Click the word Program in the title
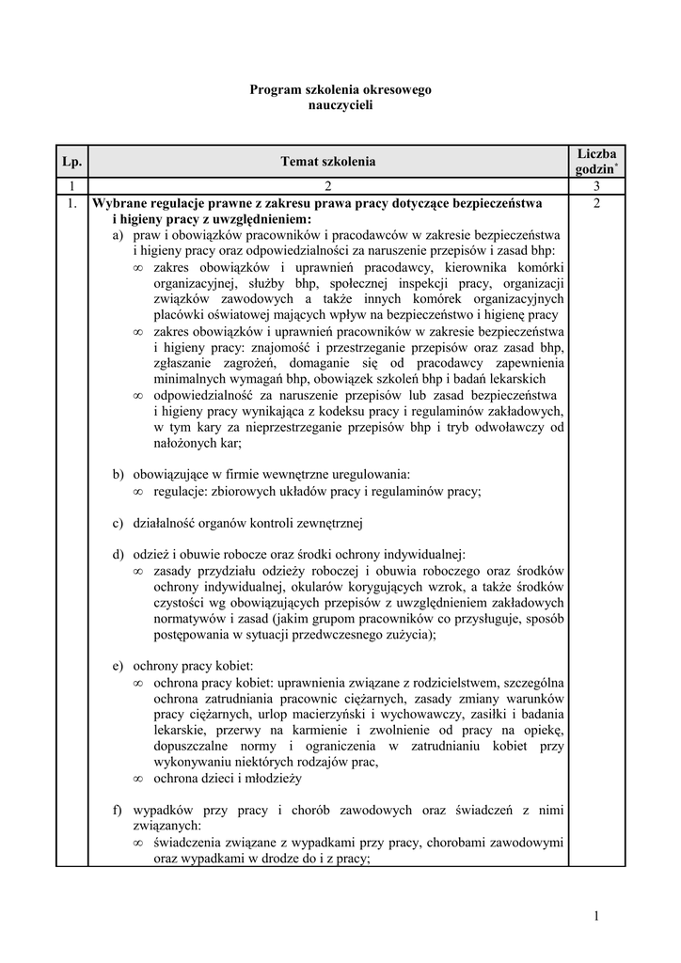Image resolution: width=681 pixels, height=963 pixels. click(273, 89)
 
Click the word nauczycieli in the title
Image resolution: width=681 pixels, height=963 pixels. click(340, 105)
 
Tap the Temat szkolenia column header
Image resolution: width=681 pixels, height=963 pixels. click(327, 162)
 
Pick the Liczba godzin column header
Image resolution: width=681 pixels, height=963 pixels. click(596, 161)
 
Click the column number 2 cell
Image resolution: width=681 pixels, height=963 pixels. click(327, 187)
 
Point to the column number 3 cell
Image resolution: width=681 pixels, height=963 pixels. click(596, 187)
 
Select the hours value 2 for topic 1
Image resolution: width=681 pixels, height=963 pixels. click(596, 203)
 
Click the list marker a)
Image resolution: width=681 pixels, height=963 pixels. click(118, 234)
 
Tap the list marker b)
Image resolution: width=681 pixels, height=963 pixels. click(118, 474)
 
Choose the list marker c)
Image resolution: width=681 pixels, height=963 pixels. click(118, 523)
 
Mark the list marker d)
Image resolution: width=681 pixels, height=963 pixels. click(118, 554)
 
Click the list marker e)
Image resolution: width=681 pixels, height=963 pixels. click(118, 666)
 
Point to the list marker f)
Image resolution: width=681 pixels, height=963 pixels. click(117, 809)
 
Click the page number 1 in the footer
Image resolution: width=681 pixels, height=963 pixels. click(596, 916)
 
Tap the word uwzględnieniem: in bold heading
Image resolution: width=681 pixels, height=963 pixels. click(258, 218)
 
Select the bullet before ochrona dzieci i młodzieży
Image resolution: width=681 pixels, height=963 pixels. click(137, 779)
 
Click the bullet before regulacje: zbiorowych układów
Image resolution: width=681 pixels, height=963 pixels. click(137, 491)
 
